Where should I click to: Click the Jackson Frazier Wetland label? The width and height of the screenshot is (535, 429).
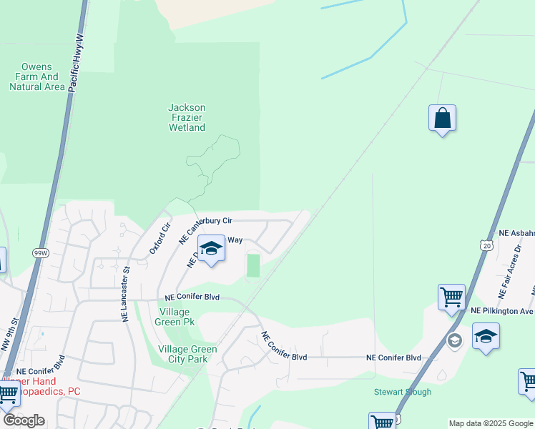[x=187, y=118]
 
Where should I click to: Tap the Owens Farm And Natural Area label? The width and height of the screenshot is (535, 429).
[x=34, y=77]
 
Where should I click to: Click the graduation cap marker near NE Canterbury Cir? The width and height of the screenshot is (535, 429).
[x=211, y=249]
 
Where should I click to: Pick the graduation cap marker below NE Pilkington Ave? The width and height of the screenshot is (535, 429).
[x=486, y=336]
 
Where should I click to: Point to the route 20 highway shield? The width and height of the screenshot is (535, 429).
[x=486, y=245]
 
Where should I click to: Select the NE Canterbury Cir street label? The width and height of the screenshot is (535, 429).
[x=206, y=228]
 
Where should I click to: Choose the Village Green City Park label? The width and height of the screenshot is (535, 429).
[x=187, y=354]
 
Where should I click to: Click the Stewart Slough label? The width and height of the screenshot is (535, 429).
[x=403, y=392]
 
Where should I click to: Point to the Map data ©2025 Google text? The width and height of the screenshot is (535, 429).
[x=491, y=424]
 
